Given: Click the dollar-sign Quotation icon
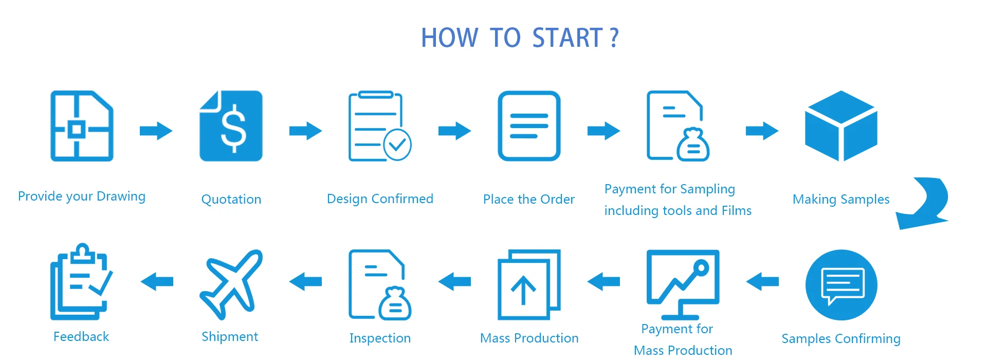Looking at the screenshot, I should [x=231, y=126].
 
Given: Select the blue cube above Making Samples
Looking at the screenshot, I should [x=841, y=125].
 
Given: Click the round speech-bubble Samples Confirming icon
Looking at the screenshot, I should [x=841, y=285].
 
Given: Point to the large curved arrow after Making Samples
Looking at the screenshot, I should [x=924, y=203].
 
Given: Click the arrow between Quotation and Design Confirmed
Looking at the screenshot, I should [x=305, y=131].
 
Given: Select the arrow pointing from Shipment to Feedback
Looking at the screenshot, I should [x=157, y=281].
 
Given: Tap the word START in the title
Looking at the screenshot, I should [x=567, y=38].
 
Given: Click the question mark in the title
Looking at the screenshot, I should [x=614, y=38].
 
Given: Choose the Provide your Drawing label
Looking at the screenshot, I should [x=82, y=196].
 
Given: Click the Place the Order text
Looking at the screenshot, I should [x=528, y=200].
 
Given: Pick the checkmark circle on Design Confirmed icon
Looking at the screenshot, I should [x=397, y=145].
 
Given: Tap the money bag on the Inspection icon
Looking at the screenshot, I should [x=395, y=304].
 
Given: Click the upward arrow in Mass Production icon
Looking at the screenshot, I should [x=523, y=290].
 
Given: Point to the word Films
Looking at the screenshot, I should [x=736, y=211].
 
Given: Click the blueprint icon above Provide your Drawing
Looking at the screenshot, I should [x=82, y=126].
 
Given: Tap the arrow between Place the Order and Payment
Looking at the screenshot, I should [x=604, y=131].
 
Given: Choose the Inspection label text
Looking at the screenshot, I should [x=380, y=338].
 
